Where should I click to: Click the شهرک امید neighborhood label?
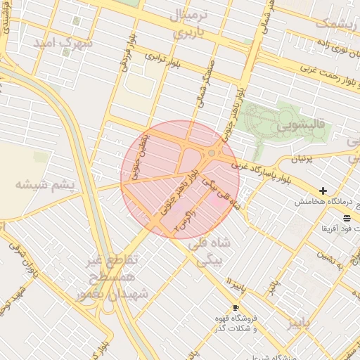point(64,42)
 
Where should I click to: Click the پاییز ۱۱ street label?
point(240,285)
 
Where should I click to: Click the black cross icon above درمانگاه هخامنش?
point(323,191)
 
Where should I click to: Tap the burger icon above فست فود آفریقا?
point(347,219)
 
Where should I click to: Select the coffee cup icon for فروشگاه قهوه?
point(236,308)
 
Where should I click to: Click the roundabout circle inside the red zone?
point(212,153)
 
